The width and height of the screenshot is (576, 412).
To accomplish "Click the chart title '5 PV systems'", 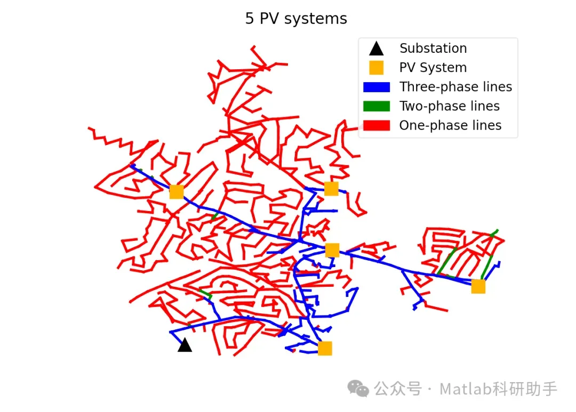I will tap(296, 19).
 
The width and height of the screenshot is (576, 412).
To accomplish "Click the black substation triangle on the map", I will tap(185, 345).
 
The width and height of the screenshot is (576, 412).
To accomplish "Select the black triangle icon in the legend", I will tap(377, 49).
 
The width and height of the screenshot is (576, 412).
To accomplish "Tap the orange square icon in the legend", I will tap(377, 68).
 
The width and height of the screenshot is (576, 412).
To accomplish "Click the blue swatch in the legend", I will tap(377, 87).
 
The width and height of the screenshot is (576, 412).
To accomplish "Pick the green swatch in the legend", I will tap(377, 106).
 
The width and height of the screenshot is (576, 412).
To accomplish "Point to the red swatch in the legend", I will tap(377, 125).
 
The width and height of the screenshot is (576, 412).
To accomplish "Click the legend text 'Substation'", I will tap(433, 49).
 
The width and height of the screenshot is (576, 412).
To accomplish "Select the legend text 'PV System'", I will tap(433, 68).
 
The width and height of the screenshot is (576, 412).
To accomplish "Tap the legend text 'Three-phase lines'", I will tap(455, 87).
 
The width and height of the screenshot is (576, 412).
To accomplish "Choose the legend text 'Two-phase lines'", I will tap(450, 106).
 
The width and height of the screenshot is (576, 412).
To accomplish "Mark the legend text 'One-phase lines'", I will tap(450, 125).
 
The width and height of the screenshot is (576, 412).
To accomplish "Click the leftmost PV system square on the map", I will tap(177, 192).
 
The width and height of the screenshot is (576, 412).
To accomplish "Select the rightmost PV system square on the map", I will tap(478, 287).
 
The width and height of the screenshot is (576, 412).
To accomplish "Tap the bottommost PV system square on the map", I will tap(325, 349).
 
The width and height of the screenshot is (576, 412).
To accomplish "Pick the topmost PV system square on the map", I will tap(331, 189).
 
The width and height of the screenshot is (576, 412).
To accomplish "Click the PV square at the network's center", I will tap(332, 250).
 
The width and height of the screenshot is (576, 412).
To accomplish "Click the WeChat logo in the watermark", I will tap(358, 389).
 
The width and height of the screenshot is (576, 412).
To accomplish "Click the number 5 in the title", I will tap(250, 19).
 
